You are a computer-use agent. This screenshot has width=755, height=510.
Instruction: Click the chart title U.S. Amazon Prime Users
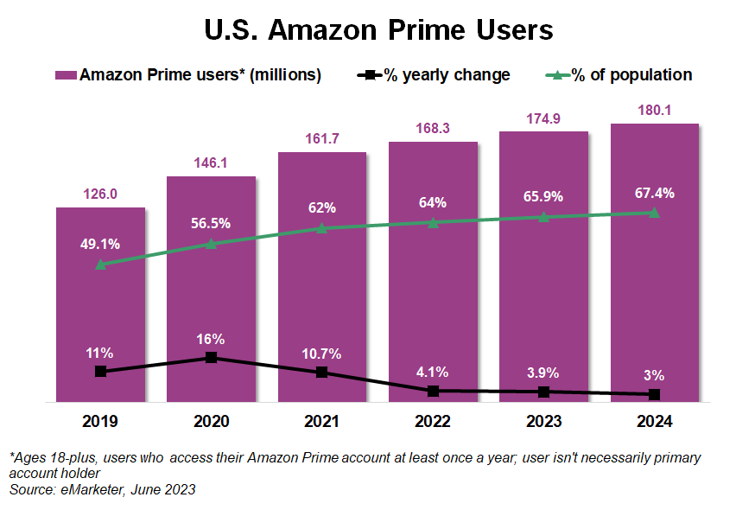pyautogui.click(x=378, y=29)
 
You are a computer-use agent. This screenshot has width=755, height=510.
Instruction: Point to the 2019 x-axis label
pyautogui.click(x=100, y=422)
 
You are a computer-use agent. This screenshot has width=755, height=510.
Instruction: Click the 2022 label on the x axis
pyautogui.click(x=433, y=422)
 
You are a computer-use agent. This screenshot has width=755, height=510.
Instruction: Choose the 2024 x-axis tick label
pyautogui.click(x=654, y=422)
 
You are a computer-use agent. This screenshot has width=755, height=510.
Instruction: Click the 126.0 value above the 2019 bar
pyautogui.click(x=100, y=194)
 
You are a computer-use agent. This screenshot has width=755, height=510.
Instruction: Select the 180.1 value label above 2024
pyautogui.click(x=654, y=111)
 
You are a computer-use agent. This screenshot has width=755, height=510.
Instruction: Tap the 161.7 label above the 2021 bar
pyautogui.click(x=322, y=139)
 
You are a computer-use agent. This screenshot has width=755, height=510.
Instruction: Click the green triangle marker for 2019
pyautogui.click(x=100, y=264)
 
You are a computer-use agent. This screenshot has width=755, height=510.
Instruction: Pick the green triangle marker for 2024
pyautogui.click(x=654, y=212)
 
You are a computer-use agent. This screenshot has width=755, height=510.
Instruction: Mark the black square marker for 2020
pyautogui.click(x=212, y=357)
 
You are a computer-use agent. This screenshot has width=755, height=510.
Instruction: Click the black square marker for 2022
pyautogui.click(x=433, y=391)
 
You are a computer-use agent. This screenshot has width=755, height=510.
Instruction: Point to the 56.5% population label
pyautogui.click(x=212, y=223)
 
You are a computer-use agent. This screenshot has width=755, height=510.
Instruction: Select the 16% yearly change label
pyautogui.click(x=212, y=339)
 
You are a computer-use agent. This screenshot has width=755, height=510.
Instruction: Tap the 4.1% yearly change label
pyautogui.click(x=433, y=373)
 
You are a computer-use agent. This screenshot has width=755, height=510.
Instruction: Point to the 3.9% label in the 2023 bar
pyautogui.click(x=543, y=373)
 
